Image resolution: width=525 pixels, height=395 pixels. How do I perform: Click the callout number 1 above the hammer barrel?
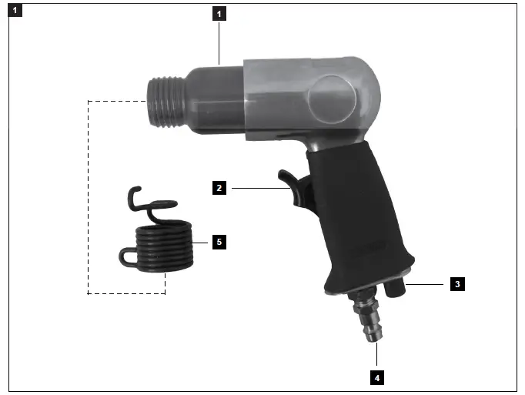click(x=219, y=14)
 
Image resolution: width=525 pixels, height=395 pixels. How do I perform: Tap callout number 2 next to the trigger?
click(x=219, y=187)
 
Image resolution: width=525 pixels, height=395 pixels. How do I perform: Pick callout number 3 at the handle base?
click(x=457, y=284)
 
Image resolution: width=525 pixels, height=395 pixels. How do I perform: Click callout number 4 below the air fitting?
click(x=377, y=378)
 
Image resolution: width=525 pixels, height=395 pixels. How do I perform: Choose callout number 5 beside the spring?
click(x=219, y=242)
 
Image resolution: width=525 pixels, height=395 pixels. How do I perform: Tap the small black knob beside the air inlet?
click(x=397, y=288)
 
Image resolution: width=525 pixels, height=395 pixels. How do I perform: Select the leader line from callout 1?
click(x=219, y=42)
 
